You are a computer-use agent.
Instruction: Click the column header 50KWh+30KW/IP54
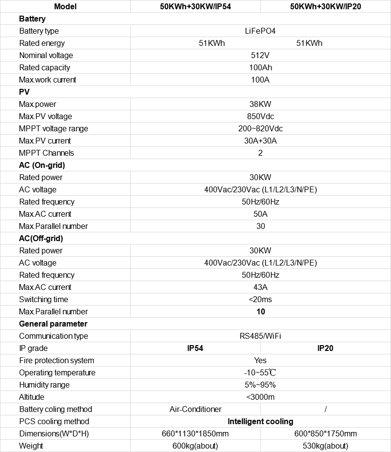[x=195, y=7]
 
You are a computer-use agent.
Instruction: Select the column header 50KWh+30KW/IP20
[x=325, y=7]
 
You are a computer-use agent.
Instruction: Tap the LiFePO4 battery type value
[x=260, y=31]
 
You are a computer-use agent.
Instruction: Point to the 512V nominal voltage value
[x=260, y=56]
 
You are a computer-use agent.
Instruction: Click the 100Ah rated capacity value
[x=260, y=68]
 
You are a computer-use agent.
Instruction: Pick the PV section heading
[x=25, y=92]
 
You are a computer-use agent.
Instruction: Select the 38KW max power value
[x=260, y=104]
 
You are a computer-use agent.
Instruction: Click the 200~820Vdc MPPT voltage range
[x=260, y=129]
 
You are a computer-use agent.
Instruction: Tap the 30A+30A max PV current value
[x=260, y=141]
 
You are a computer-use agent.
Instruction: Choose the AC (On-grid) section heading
[x=42, y=165]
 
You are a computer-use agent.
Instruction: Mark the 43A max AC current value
[x=260, y=288]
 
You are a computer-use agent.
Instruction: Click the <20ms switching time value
[x=260, y=300]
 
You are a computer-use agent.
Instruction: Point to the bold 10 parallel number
[x=260, y=312]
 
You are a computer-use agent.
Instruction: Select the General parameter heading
[x=53, y=324]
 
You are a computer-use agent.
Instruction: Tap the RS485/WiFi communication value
[x=260, y=336]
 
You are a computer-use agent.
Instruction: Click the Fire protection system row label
[x=57, y=361]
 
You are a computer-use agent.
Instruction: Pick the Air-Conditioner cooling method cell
[x=195, y=410]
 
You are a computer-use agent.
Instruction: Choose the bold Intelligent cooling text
[x=260, y=422]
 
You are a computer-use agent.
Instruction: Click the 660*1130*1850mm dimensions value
[x=195, y=434]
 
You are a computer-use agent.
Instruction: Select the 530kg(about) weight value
[x=325, y=446]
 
